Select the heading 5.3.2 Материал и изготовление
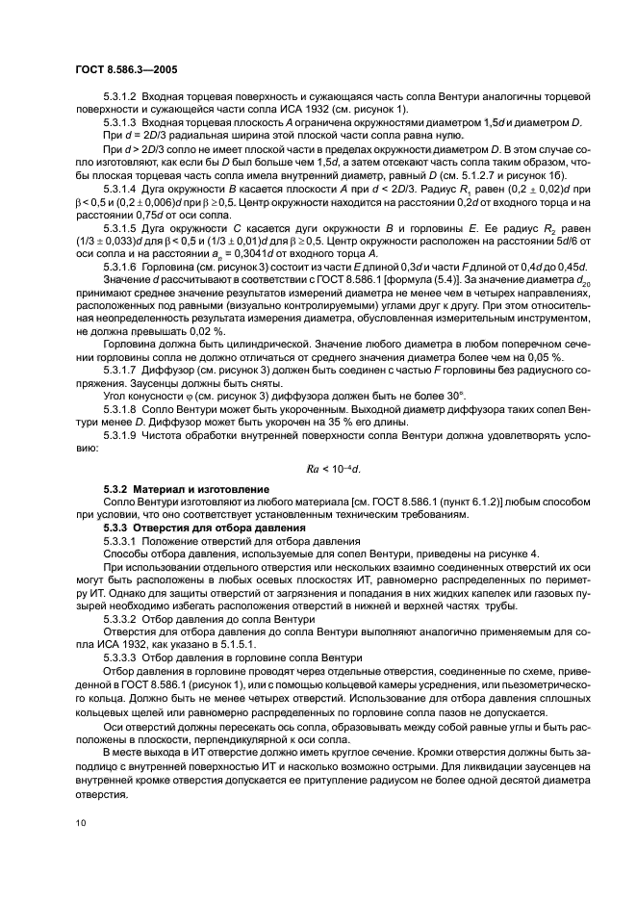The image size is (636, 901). pyautogui.click(x=173, y=489)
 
